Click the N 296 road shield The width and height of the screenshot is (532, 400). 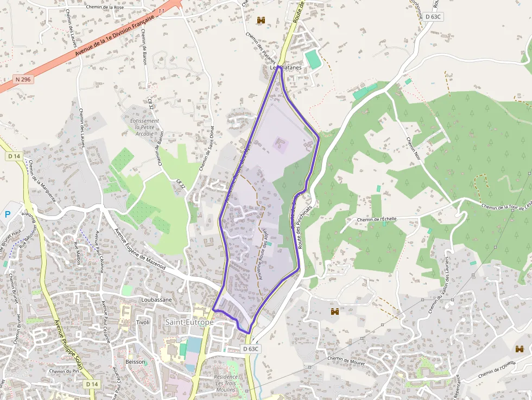[x=23, y=79]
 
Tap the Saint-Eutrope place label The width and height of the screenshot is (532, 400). [x=189, y=322]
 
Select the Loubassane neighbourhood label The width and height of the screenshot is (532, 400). [x=156, y=299]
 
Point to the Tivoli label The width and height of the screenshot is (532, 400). [x=143, y=322]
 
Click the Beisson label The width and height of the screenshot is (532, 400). [x=135, y=361]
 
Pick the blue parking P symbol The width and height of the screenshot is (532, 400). [x=8, y=214]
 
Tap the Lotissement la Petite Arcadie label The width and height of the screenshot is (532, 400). [x=145, y=127]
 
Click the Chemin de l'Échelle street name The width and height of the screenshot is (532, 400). [x=377, y=219]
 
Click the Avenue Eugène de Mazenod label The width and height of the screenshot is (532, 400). [x=140, y=249]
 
